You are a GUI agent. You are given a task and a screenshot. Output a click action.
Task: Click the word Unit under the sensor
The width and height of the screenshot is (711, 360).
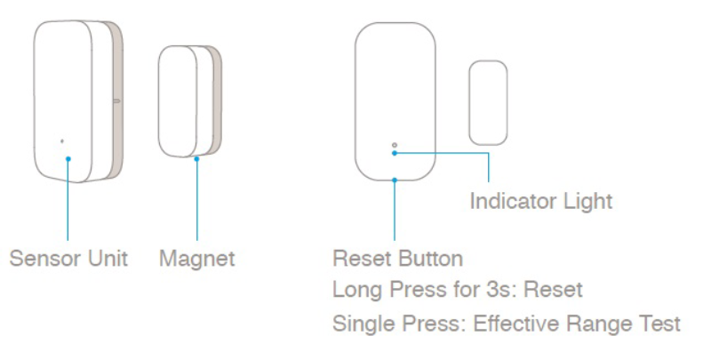[108, 259]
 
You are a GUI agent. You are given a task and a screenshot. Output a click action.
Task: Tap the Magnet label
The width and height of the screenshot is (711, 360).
[196, 259]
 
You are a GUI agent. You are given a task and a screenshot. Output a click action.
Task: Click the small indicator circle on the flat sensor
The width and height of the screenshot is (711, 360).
[395, 145]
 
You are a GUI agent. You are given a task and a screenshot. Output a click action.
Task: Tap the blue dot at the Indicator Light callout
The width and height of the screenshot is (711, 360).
[395, 153]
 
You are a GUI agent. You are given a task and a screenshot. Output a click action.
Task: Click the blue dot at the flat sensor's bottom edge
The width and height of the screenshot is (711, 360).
[395, 180]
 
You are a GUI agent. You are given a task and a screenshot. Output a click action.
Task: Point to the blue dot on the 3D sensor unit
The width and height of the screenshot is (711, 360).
[68, 159]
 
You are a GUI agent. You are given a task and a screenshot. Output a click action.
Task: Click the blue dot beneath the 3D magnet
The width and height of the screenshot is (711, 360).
[196, 159]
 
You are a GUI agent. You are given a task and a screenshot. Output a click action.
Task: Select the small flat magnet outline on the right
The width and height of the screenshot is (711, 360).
[488, 103]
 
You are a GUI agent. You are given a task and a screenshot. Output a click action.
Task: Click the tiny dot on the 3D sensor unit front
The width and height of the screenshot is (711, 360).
[62, 141]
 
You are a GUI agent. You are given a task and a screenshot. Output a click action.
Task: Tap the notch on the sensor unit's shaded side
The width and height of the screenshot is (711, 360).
[117, 100]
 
